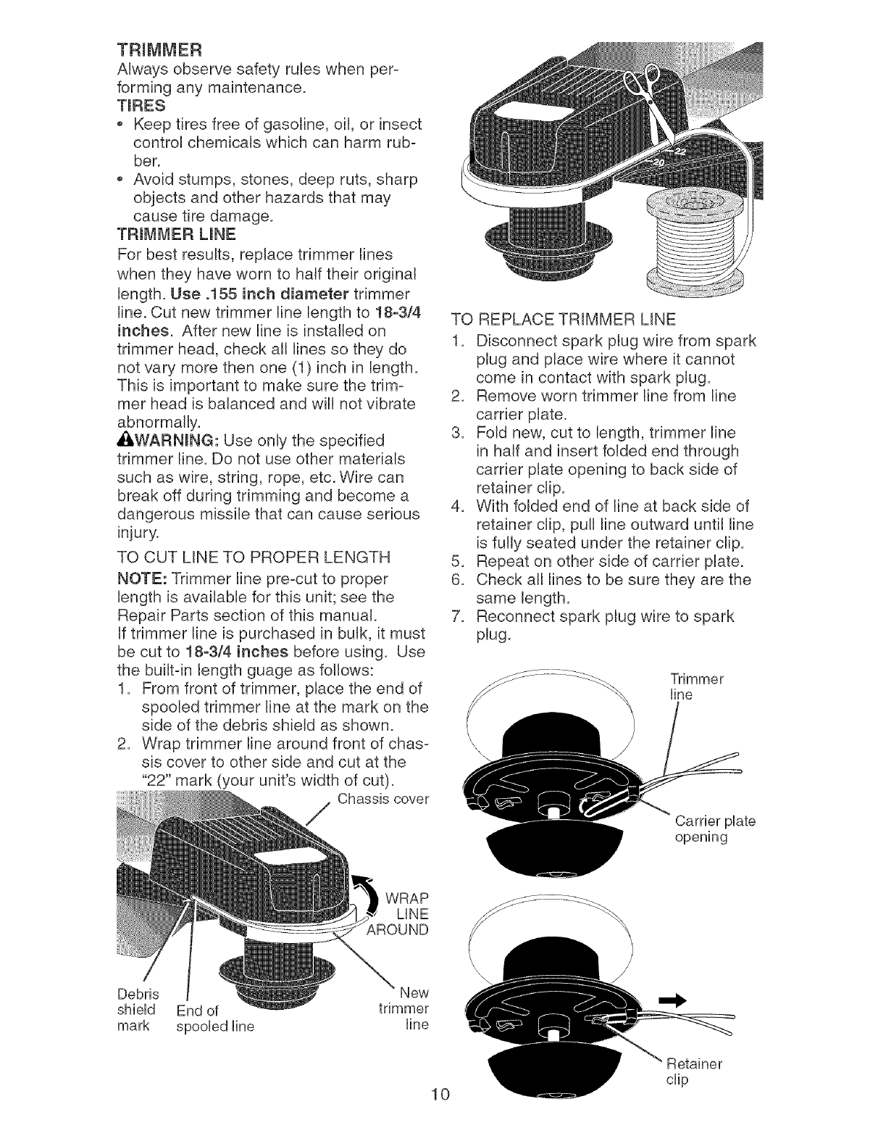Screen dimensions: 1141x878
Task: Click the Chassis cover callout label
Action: (x=383, y=800)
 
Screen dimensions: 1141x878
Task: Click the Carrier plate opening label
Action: (x=715, y=829)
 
